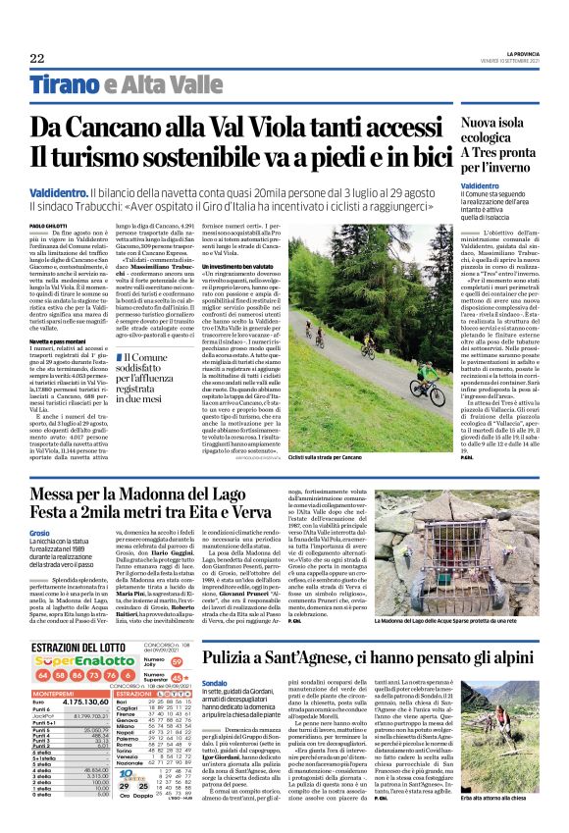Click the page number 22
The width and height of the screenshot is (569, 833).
pyautogui.click(x=37, y=59)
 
